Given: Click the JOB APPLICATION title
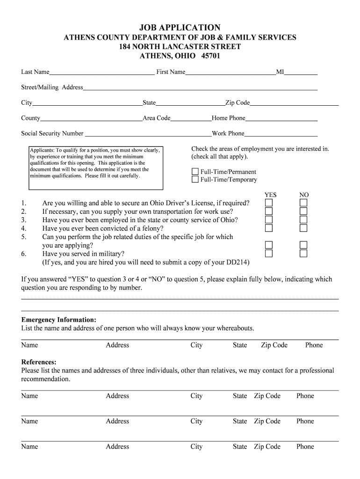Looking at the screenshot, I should [180, 28].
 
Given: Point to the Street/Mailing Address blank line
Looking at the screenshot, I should [200, 89].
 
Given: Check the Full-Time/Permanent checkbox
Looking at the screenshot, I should [195, 172].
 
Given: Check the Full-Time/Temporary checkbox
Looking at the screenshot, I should [195, 179].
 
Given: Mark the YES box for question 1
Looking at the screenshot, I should [269, 203].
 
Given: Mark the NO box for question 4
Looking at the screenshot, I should [303, 228].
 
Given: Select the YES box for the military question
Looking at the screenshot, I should [269, 254].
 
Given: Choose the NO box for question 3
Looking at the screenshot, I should [303, 220].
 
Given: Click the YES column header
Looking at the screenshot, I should [271, 195].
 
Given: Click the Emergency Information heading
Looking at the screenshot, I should [59, 320].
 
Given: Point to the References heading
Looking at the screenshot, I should [39, 362].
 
